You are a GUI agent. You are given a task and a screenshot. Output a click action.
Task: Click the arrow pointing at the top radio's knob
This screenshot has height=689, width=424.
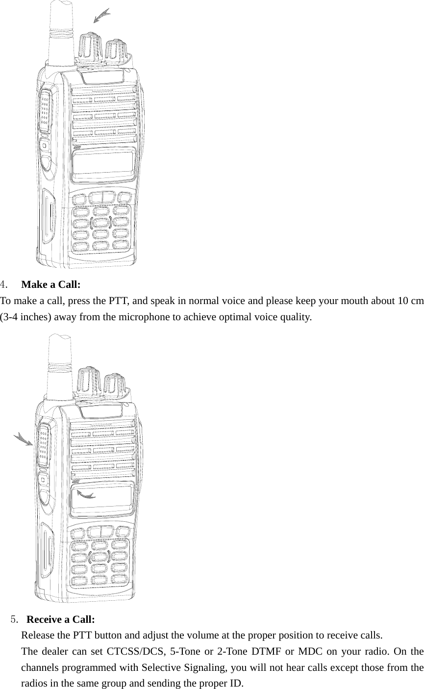102,16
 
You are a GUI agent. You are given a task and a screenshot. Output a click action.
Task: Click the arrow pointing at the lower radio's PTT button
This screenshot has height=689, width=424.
23,438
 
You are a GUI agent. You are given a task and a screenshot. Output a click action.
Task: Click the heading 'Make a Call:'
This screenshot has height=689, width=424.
51,284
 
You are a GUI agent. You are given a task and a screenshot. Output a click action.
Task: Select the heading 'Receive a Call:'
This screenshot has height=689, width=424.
60,619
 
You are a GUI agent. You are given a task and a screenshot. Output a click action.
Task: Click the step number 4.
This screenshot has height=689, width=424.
3,284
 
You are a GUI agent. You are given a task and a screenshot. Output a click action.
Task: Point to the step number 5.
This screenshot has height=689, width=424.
15,619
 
